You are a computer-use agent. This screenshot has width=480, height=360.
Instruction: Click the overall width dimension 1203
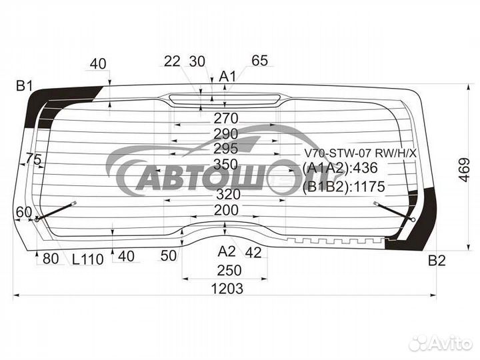click(227, 289)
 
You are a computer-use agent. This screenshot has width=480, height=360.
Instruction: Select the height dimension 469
click(465, 170)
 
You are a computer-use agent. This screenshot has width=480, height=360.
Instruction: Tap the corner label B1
click(25, 86)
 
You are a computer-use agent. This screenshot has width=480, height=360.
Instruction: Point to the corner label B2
click(437, 261)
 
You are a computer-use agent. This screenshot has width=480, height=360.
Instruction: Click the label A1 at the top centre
click(227, 77)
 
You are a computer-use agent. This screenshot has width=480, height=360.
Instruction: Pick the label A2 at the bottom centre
click(227, 251)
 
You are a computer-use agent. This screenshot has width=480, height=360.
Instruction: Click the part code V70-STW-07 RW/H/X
click(360, 153)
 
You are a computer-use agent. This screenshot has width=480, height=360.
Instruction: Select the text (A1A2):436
click(340, 168)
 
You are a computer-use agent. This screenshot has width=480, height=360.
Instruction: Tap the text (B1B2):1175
click(343, 187)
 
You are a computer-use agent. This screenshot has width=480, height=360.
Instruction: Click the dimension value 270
click(226, 118)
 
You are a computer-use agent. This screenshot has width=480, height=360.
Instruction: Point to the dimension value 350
click(225, 165)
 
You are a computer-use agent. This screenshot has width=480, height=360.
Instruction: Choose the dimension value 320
click(229, 194)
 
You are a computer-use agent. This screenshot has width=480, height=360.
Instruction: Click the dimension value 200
click(226, 210)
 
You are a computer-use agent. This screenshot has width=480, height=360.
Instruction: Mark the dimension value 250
click(229, 270)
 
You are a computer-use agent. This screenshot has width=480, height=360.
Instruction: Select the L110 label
click(88, 259)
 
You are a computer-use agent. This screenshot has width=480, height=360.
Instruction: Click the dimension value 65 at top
click(259, 60)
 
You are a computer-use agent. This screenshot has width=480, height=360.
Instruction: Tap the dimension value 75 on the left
click(34, 159)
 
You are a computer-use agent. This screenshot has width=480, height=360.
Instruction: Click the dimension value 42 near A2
click(253, 253)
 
